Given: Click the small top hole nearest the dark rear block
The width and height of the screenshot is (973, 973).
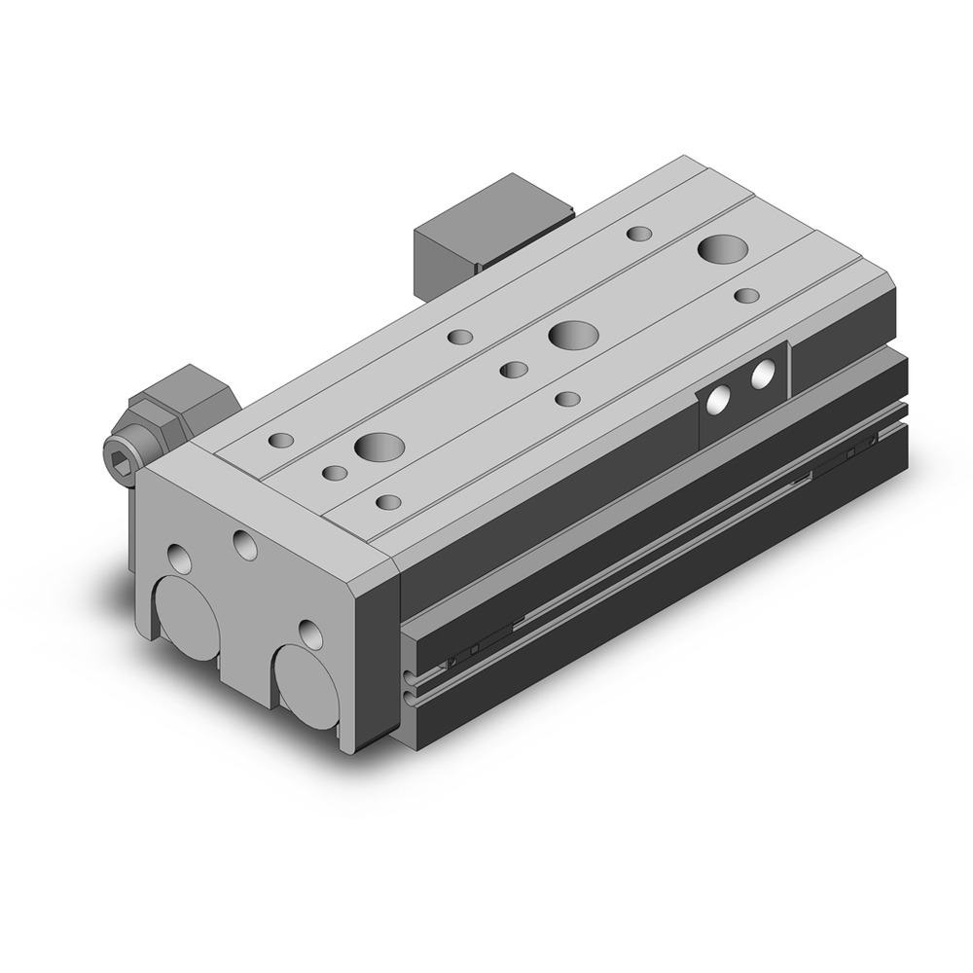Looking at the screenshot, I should pos(639,234).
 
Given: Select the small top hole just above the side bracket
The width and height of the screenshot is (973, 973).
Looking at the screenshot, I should pos(746,294).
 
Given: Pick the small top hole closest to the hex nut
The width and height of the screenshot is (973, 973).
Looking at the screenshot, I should pos(280,440).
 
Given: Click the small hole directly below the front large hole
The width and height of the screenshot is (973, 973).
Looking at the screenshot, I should pos(388,502).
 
